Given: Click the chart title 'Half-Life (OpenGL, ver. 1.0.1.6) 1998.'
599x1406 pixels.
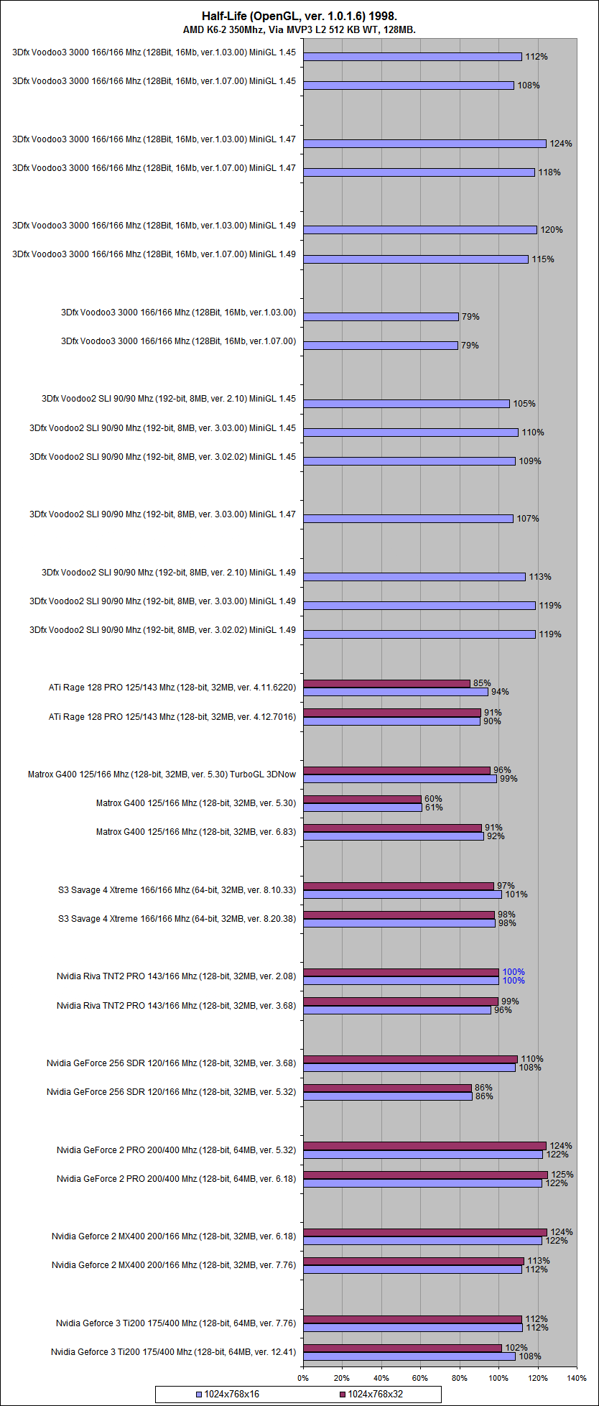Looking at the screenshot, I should coord(299,16).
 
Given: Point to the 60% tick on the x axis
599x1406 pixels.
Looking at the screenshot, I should coord(420,1377).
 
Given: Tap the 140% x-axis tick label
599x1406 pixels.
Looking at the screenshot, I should coord(577,1377).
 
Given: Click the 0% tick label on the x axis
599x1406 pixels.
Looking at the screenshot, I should coord(303,1377).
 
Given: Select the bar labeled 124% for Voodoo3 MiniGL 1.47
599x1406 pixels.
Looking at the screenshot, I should coord(424,144).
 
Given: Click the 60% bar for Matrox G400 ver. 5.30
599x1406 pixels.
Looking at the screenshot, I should coord(362,799).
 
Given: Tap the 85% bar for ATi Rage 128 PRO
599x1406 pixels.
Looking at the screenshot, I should coord(386,683).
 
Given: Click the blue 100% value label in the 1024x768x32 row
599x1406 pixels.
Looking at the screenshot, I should coord(513,972).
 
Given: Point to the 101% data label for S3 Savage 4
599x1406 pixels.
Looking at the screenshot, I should coord(516,894).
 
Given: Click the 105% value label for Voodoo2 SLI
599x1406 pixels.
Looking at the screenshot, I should coord(524,404).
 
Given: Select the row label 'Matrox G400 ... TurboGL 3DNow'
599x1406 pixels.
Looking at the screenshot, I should coord(162,774).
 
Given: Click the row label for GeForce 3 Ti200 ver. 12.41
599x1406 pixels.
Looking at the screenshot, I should coord(173,1352).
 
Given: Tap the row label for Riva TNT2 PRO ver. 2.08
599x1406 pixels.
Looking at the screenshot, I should coord(176,976).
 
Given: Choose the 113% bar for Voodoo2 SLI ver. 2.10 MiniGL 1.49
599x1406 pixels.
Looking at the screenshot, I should coord(414,577).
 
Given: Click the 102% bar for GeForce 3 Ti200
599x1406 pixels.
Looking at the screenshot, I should coord(402,1348).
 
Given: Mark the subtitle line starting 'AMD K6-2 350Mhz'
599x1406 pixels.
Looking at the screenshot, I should coord(299,30).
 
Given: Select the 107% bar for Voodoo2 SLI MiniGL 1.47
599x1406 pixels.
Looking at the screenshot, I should coord(408,519).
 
